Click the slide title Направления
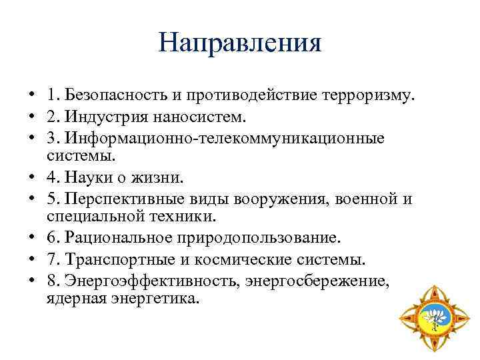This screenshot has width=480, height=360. click(240, 43)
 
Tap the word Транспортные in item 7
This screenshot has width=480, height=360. click(119, 259)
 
